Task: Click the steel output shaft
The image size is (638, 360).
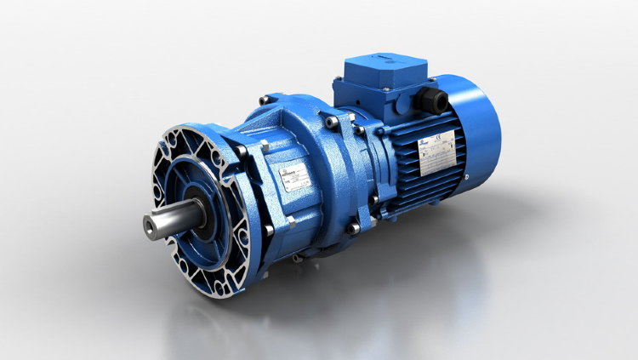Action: (170, 222)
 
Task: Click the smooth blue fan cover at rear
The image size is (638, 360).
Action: (481, 128)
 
